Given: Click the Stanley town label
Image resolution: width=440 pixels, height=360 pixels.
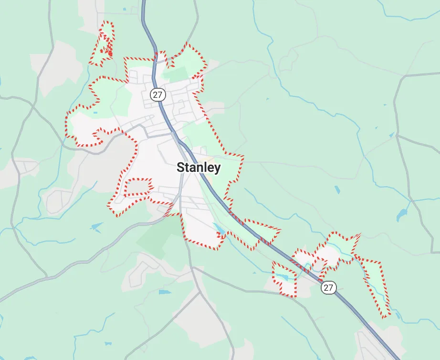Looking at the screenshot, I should tap(199, 168).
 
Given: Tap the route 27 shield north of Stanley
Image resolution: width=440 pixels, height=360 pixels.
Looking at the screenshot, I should tap(157, 95).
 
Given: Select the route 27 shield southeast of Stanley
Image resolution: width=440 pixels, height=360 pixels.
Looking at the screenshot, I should tap(328, 287).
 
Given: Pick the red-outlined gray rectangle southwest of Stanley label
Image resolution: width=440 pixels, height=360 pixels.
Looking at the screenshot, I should tap(137, 187).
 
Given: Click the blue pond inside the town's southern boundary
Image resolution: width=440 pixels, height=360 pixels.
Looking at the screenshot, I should tap(219, 230).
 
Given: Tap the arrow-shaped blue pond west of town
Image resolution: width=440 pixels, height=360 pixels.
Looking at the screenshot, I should tap(96, 226).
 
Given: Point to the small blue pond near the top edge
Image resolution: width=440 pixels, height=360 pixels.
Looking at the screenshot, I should tap(124, 9).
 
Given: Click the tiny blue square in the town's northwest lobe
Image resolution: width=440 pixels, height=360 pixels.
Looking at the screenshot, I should tap(95, 113).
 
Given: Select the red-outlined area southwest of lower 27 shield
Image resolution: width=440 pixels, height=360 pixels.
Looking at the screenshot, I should tap(284, 280).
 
